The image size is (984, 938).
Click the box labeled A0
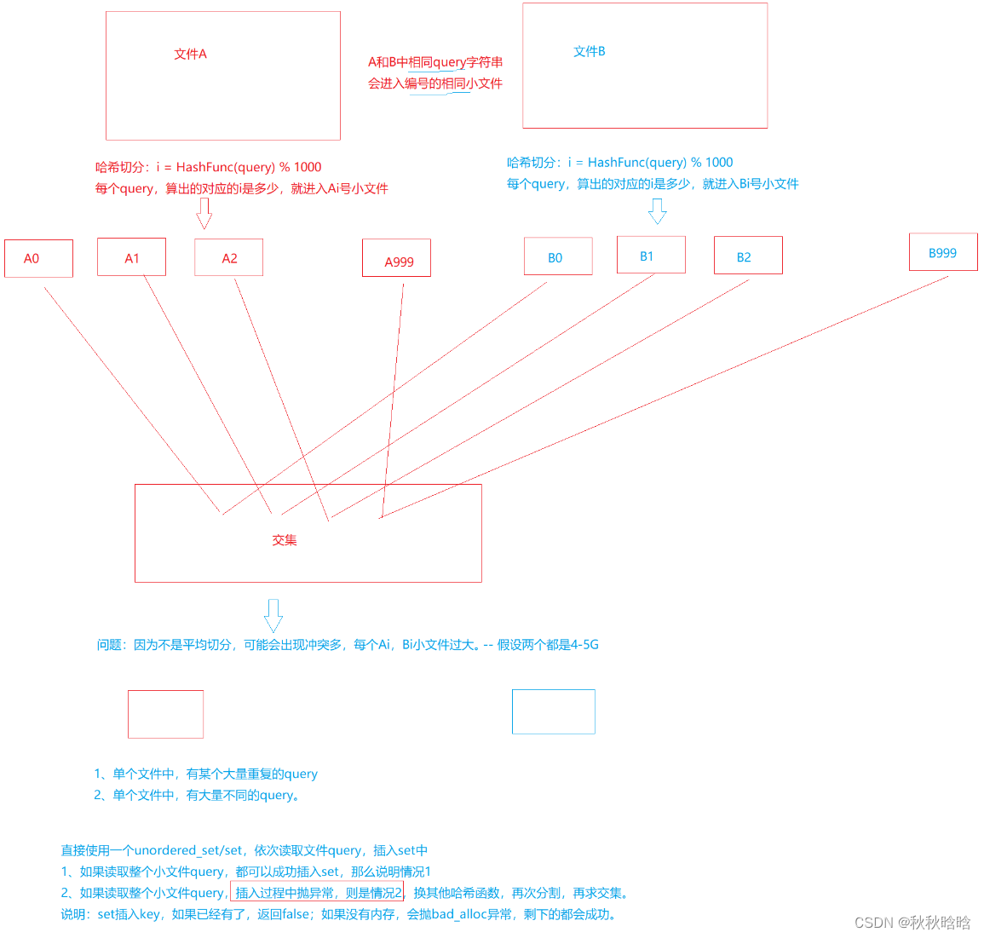(38, 258)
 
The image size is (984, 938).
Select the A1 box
(131, 257)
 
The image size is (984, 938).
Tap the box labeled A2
(228, 257)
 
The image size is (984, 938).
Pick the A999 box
(396, 258)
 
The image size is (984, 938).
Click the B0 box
(558, 256)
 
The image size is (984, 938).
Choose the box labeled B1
(651, 255)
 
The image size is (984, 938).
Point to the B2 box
(747, 256)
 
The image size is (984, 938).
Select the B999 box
(943, 252)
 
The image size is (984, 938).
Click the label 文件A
(190, 54)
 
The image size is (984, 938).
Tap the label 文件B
(589, 51)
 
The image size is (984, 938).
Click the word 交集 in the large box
(285, 539)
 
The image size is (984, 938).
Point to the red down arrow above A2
(204, 213)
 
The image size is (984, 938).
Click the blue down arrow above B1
(657, 210)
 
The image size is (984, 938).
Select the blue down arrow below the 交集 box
(273, 614)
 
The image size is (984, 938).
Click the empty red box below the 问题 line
(165, 714)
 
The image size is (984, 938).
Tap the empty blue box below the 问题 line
(553, 711)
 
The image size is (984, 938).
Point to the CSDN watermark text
(912, 923)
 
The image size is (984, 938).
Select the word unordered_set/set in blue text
(188, 850)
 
